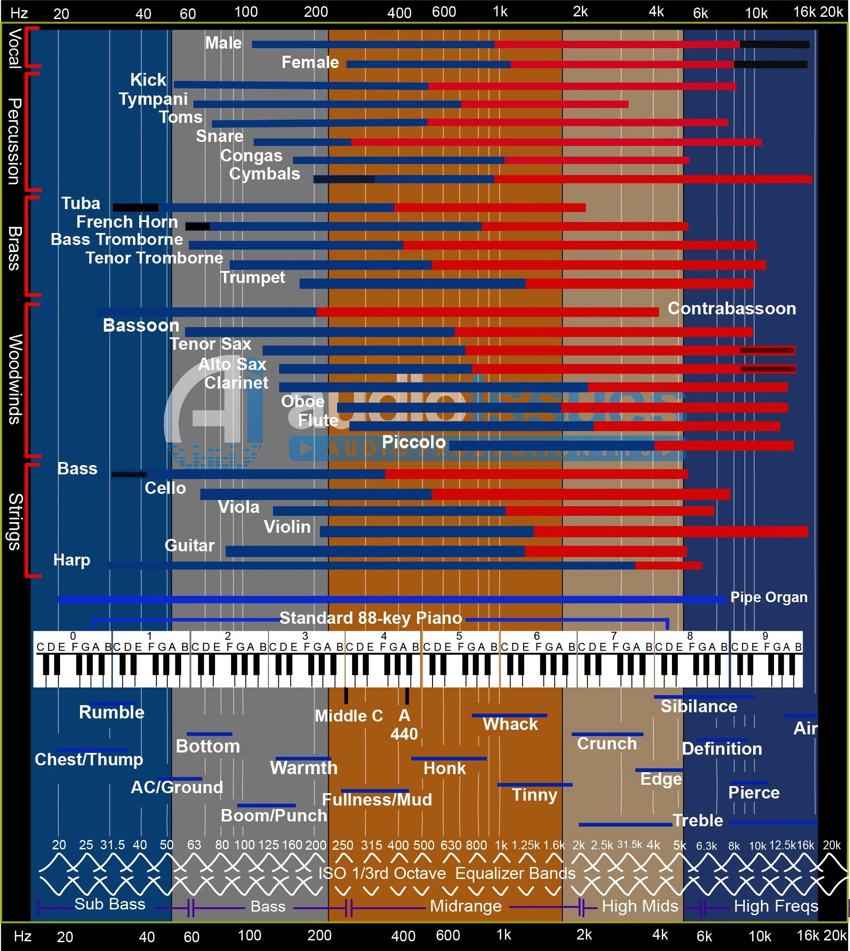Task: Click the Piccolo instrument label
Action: point(414,442)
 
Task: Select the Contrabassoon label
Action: point(731,309)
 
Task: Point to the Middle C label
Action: point(349,716)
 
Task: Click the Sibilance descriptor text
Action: point(698,707)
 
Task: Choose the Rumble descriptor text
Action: point(112,713)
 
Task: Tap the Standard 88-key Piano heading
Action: point(370,618)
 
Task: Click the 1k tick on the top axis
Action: point(500,12)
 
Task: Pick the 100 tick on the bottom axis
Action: point(250,935)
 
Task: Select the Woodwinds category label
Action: point(15,379)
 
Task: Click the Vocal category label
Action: point(15,49)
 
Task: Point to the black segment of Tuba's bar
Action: point(136,207)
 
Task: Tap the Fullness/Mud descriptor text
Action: point(376,800)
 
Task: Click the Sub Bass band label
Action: point(110,904)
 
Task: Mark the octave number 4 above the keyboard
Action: point(383,636)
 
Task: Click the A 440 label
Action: point(404,725)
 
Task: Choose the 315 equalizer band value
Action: point(371,845)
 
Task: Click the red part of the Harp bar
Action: point(668,565)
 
